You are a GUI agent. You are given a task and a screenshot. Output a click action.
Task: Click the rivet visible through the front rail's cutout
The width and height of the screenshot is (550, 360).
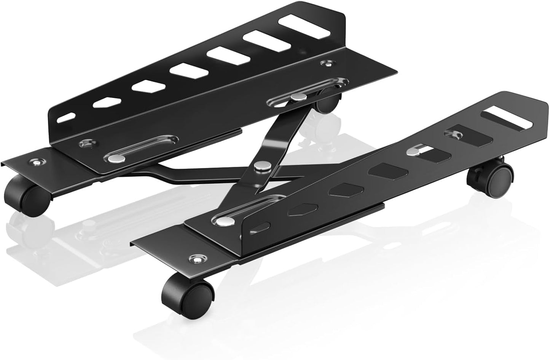coord(412,152)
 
